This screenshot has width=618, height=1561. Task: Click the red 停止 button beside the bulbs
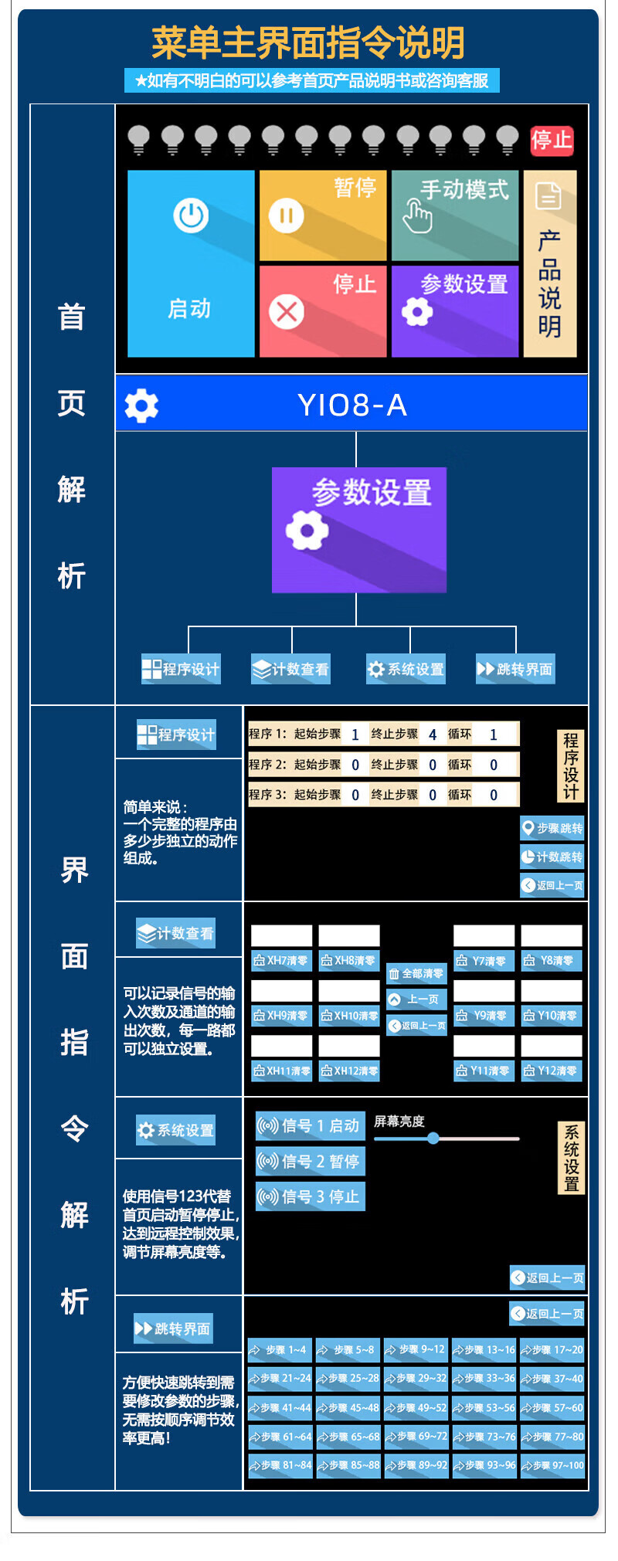coord(551,141)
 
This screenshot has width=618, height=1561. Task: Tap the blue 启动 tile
coord(191,263)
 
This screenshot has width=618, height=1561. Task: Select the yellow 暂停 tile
coord(322,215)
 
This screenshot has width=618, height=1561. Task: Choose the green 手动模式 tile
coord(454,215)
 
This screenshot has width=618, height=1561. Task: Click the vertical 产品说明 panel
coord(549,263)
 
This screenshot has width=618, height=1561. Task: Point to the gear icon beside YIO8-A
coord(141,405)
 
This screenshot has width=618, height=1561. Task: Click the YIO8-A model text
coord(352,405)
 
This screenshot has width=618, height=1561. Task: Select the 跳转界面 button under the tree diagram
coord(515,669)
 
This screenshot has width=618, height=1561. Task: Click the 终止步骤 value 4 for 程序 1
coord(432,735)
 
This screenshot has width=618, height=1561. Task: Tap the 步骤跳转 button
coord(552,828)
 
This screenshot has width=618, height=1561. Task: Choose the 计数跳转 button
coord(552,857)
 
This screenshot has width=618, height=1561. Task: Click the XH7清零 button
coord(281,961)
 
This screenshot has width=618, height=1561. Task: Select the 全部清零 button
coord(416,974)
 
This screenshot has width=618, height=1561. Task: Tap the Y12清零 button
coord(551,1071)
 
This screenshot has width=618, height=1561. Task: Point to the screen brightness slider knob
coord(433,1138)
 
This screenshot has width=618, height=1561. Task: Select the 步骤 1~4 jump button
coord(280,1350)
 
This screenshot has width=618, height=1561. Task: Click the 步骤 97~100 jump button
coord(552,1465)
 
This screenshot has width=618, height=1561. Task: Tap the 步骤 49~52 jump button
coord(416,1408)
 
